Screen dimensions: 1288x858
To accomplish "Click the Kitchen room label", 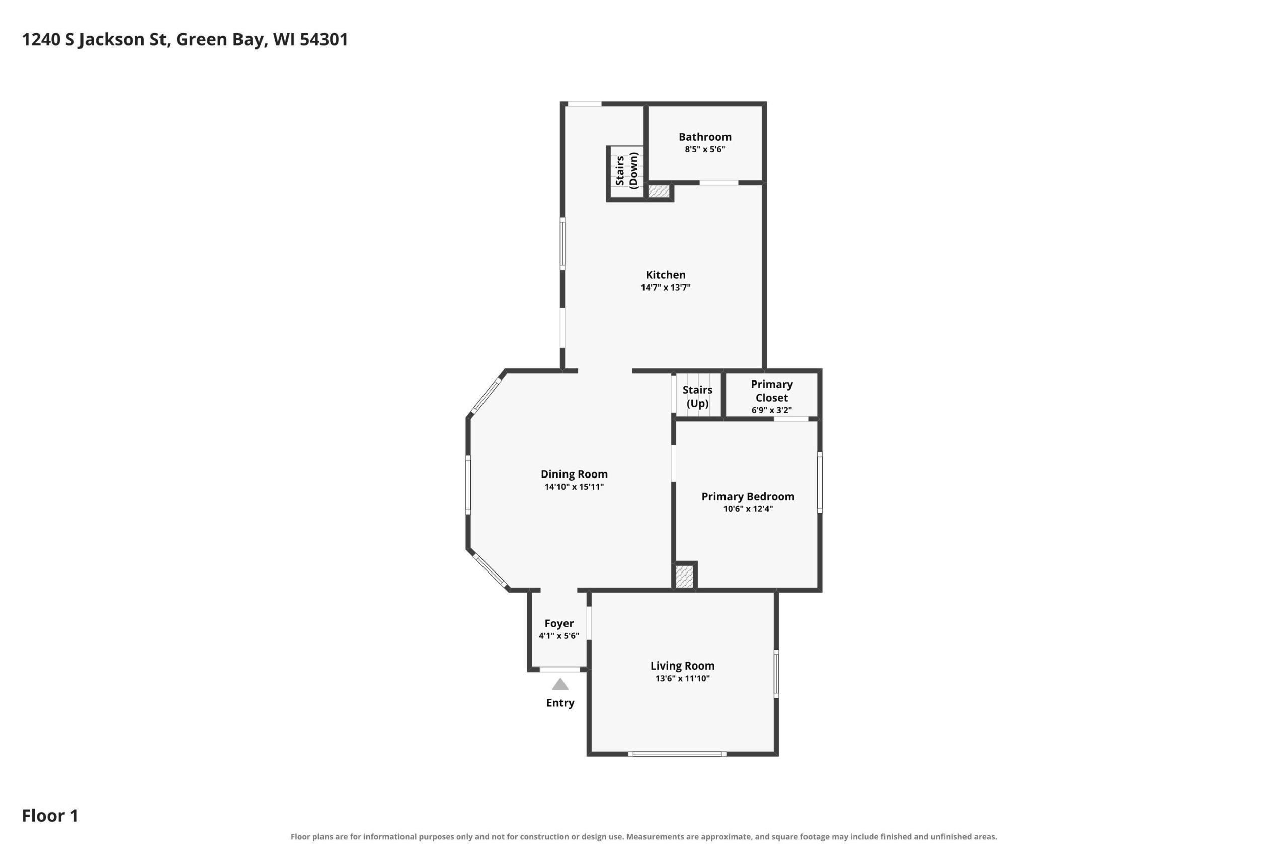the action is (665, 275).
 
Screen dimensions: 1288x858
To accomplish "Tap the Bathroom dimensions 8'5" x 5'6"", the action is (705, 149).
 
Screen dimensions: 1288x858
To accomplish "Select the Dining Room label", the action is (574, 474).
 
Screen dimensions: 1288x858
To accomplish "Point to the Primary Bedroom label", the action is (748, 496).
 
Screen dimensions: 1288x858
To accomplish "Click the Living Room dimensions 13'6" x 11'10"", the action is (682, 679).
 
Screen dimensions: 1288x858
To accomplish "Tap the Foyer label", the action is (558, 624).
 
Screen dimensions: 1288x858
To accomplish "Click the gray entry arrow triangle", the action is (559, 684).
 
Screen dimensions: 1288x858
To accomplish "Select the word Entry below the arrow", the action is (559, 703).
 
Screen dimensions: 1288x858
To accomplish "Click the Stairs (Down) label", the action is (626, 171).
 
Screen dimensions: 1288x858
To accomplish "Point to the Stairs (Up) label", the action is (697, 397).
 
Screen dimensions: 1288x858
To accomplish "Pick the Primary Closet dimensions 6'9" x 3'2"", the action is (772, 410).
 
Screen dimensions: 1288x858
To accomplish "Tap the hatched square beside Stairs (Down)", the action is (659, 192).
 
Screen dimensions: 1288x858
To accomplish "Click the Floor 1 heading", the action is (50, 816).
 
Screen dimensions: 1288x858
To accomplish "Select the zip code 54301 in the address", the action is (324, 39).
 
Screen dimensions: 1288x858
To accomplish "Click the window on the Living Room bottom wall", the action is (677, 754).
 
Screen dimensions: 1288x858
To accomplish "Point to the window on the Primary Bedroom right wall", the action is (819, 482).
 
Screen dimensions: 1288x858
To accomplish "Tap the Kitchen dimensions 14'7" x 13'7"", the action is (665, 288).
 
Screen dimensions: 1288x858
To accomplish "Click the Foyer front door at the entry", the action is (559, 669).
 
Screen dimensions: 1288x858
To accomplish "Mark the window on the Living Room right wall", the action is (776, 674).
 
